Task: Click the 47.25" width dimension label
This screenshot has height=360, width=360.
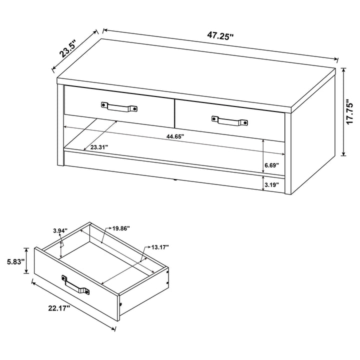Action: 220,35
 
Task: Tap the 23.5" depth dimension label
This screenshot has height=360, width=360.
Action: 67,50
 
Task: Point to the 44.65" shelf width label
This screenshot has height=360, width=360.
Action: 175,136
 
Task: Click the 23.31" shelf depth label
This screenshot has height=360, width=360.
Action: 99,147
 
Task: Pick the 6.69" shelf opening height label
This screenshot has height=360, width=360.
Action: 272,165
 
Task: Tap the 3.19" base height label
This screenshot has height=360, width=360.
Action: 272,184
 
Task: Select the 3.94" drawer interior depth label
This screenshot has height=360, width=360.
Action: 60,230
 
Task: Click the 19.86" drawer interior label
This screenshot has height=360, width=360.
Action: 121,228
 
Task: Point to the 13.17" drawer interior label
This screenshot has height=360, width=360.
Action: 160,247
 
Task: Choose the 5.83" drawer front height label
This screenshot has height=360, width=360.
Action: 15,261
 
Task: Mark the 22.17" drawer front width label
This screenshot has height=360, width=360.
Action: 59,308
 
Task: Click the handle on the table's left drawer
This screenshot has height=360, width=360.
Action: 119,107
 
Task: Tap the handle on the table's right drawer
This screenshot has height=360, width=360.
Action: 229,121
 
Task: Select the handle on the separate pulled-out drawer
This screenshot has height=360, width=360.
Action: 75,285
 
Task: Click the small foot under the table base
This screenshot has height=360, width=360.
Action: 175,180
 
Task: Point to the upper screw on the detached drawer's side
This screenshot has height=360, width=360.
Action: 167,272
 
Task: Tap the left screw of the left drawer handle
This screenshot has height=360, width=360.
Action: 104,105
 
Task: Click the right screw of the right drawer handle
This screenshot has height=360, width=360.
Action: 245,123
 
